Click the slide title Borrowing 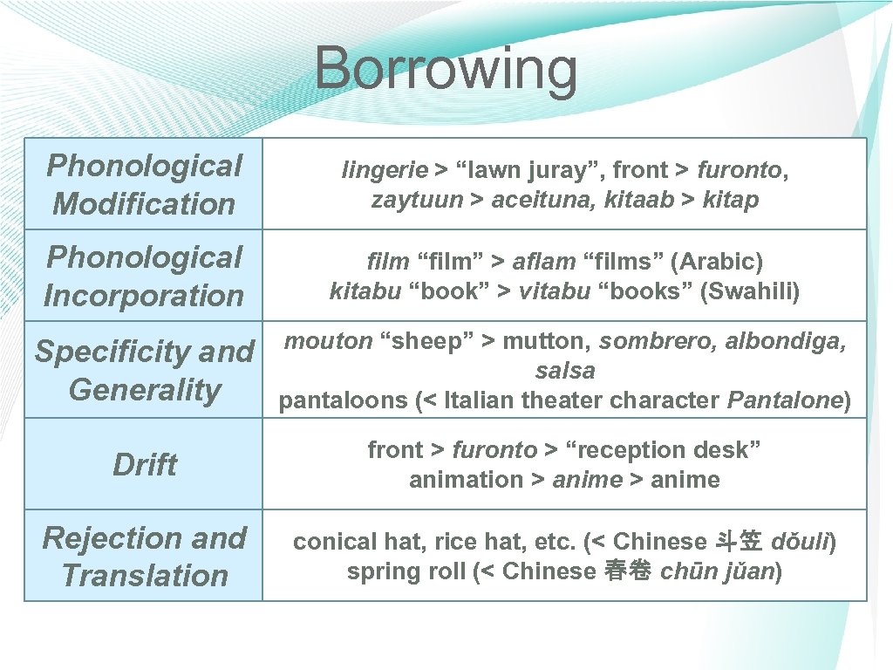click(446, 69)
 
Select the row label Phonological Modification click(144, 184)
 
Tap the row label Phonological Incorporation click(144, 276)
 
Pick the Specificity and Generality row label click(144, 370)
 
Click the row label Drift click(144, 464)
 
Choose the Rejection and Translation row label click(144, 557)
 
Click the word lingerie click(385, 170)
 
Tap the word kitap click(731, 200)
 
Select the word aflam click(543, 261)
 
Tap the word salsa click(565, 370)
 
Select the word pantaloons click(344, 400)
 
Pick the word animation click(467, 480)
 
